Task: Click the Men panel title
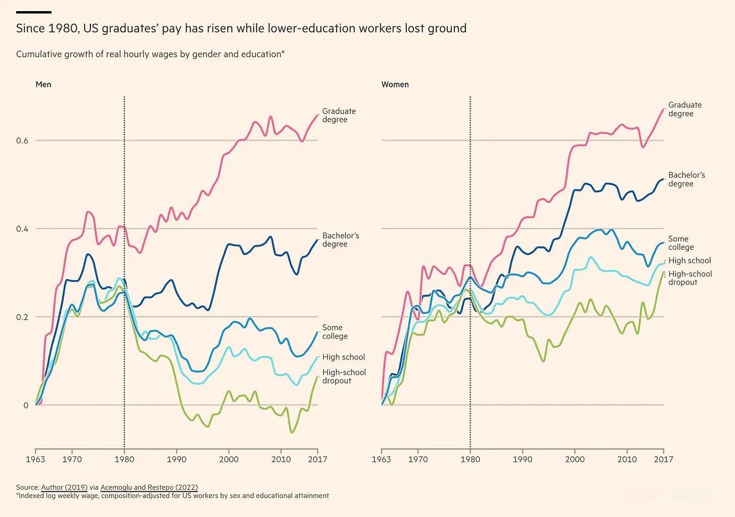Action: [x=43, y=84]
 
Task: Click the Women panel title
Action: [x=395, y=84]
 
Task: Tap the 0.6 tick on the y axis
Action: [x=22, y=141]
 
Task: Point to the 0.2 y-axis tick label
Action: [x=22, y=317]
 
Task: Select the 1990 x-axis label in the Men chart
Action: [x=176, y=459]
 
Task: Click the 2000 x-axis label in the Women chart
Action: [x=574, y=459]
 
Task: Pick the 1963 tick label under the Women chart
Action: [x=382, y=459]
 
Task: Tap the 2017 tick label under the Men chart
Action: [x=317, y=459]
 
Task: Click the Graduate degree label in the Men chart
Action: [x=339, y=115]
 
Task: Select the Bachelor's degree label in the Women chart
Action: [x=686, y=179]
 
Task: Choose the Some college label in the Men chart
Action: [x=335, y=332]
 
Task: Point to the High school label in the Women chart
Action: [x=689, y=261]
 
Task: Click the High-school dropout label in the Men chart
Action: [x=344, y=376]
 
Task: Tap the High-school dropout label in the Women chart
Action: [x=690, y=278]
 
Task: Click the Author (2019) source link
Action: [x=64, y=487]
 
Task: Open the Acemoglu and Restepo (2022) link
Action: [x=149, y=487]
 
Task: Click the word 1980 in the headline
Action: [x=63, y=28]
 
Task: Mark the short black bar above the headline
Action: [x=34, y=12]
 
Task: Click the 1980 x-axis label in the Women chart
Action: [x=470, y=459]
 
